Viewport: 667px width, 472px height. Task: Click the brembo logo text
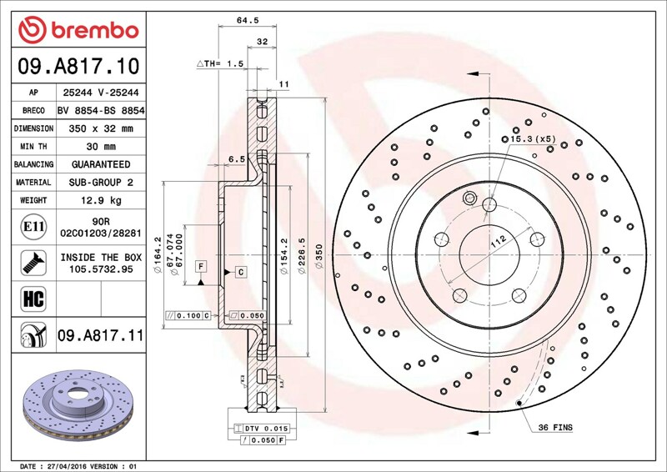(95, 31)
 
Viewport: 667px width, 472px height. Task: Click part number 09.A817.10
(78, 67)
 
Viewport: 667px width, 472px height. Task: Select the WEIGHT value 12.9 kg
(101, 200)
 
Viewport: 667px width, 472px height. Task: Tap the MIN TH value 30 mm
(101, 147)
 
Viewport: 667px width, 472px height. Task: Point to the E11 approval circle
(33, 227)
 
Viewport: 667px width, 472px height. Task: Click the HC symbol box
(33, 299)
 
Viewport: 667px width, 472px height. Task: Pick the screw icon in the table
(33, 263)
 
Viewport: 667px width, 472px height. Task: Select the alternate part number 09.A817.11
(101, 335)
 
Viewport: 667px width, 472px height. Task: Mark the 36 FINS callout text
(555, 427)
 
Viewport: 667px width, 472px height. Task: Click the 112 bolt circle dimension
(498, 241)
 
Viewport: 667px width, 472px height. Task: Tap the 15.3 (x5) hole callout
(529, 139)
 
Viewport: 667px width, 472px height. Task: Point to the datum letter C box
(241, 272)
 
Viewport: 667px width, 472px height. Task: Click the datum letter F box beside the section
(201, 267)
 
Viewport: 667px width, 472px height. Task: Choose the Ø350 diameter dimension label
(319, 256)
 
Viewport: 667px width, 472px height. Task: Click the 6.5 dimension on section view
(237, 159)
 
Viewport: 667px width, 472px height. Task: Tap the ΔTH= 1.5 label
(220, 64)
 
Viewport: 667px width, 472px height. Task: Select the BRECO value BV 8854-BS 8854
(101, 111)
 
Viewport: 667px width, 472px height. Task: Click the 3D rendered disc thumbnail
(78, 405)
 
